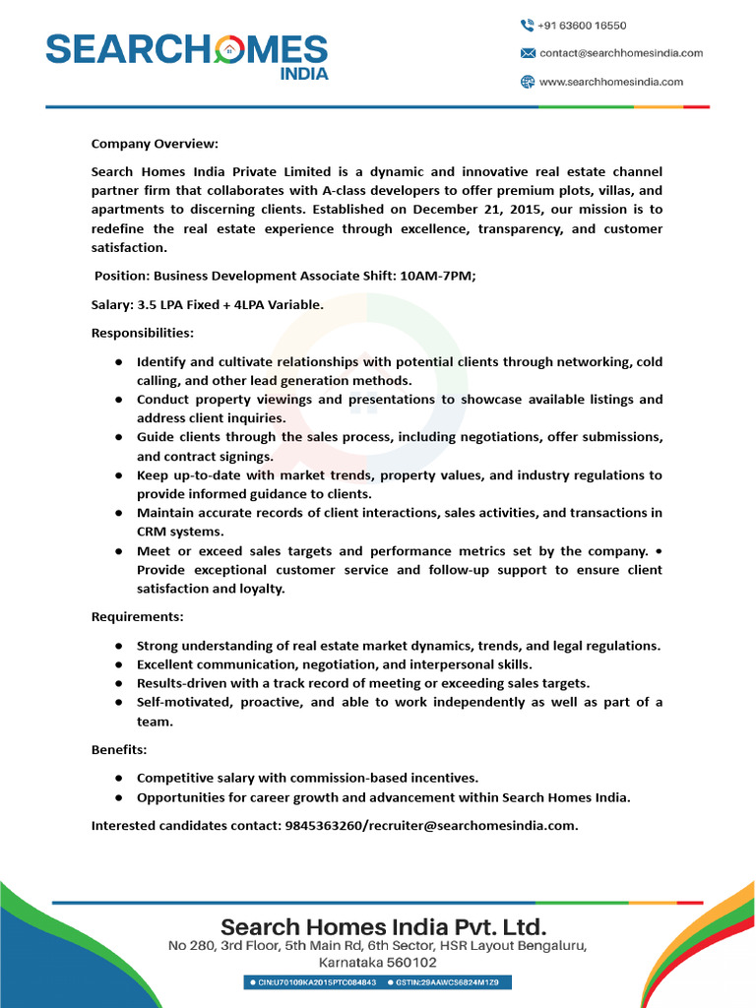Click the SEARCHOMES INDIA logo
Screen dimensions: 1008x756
click(187, 55)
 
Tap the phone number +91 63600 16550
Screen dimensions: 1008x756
click(582, 26)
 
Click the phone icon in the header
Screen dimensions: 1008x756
click(527, 26)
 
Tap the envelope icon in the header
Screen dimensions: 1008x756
click(527, 53)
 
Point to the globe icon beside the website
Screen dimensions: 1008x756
click(527, 82)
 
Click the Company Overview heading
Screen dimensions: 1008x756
click(155, 144)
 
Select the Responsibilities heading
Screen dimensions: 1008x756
click(143, 333)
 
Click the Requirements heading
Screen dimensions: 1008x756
click(138, 617)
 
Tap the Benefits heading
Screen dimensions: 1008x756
click(118, 749)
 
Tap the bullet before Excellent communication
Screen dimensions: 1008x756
click(118, 665)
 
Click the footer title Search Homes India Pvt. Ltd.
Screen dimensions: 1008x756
click(383, 926)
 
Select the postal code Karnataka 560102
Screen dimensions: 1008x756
click(377, 963)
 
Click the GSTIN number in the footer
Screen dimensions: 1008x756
click(452, 983)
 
